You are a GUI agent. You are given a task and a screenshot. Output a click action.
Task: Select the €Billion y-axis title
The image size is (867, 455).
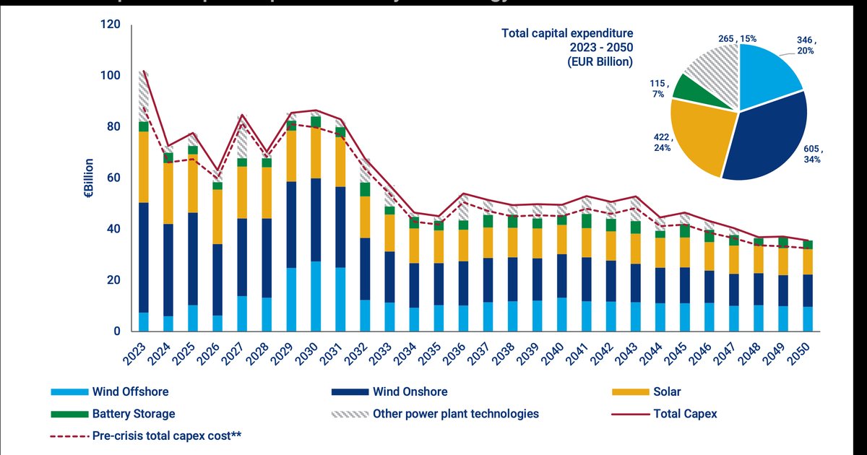89,178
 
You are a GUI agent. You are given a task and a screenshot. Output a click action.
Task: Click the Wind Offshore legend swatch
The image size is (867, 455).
69,392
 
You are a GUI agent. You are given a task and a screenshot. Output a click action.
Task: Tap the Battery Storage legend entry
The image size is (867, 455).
133,414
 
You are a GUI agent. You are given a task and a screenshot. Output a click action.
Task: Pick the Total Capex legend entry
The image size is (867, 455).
685,414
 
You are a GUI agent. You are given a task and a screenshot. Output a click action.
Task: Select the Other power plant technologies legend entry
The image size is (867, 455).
456,414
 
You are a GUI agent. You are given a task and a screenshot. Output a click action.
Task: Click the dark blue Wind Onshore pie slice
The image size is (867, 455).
766,137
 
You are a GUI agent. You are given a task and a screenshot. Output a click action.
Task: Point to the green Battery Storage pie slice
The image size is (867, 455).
689,87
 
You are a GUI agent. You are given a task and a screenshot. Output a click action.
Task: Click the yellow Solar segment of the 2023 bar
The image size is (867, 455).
144,167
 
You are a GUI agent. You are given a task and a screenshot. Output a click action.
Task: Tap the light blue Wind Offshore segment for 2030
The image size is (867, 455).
315,296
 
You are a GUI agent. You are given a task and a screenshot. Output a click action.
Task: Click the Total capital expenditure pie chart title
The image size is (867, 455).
568,47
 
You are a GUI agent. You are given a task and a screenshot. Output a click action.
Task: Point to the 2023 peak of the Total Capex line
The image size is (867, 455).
144,71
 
